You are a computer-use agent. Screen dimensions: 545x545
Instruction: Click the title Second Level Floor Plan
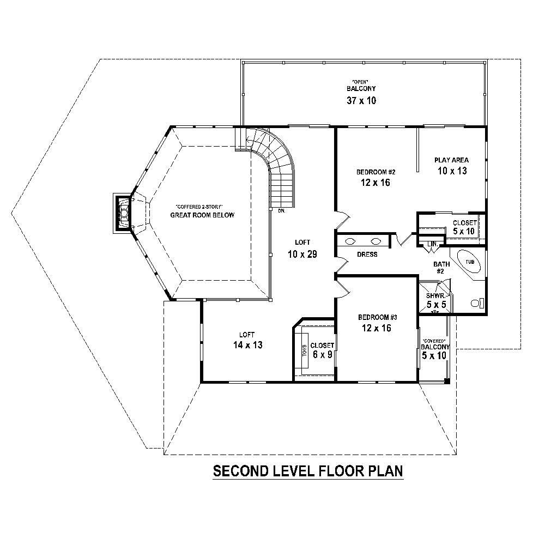307,470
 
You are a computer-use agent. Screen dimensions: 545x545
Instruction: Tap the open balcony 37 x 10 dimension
361,100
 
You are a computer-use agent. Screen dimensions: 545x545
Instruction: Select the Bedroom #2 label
376,172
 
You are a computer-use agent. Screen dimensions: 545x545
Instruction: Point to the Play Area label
451,160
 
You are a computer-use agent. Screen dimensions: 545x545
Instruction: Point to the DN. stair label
282,211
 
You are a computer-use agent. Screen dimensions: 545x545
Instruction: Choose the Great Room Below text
202,215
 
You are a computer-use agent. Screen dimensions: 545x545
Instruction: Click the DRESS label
367,255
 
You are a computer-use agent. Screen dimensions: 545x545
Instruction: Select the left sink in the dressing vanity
350,241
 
